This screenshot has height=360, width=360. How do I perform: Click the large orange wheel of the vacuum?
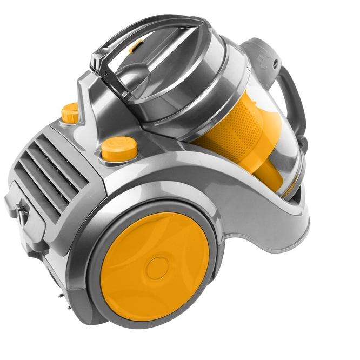tap(135, 254)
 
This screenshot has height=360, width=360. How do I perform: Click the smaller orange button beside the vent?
tap(70, 112)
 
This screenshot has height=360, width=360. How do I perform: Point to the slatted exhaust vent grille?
tap(46, 162)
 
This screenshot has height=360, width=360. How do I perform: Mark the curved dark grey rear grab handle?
tap(295, 103)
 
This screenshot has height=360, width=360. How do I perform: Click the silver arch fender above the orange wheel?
tap(162, 186)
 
